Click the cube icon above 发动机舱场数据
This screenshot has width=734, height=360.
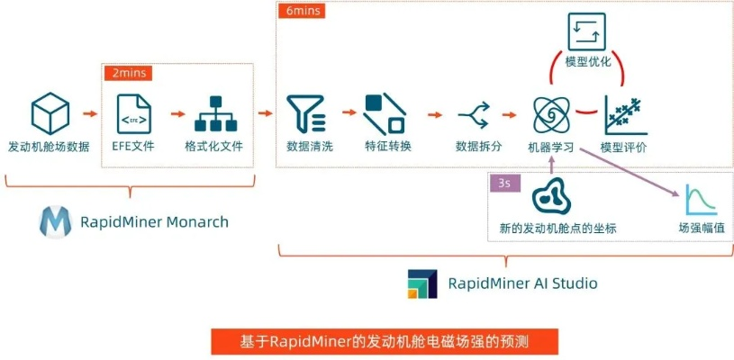50,114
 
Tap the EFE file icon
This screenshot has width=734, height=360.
132,114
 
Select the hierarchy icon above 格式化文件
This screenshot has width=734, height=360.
213,114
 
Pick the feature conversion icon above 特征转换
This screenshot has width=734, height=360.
385,114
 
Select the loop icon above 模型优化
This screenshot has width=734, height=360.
586,31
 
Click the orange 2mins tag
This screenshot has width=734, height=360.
127,72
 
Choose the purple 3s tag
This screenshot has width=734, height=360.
503,183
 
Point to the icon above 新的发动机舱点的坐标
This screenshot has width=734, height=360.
551,196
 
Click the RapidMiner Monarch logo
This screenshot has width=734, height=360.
54,221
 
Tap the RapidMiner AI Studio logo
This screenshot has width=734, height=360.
422,283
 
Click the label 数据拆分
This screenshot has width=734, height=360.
478,147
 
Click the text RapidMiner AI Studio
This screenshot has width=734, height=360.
522,283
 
